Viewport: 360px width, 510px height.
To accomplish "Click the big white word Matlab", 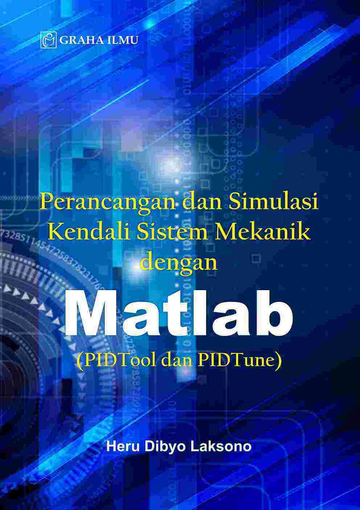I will (x=180, y=312).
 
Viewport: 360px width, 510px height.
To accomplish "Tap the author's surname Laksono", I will (x=221, y=446).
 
